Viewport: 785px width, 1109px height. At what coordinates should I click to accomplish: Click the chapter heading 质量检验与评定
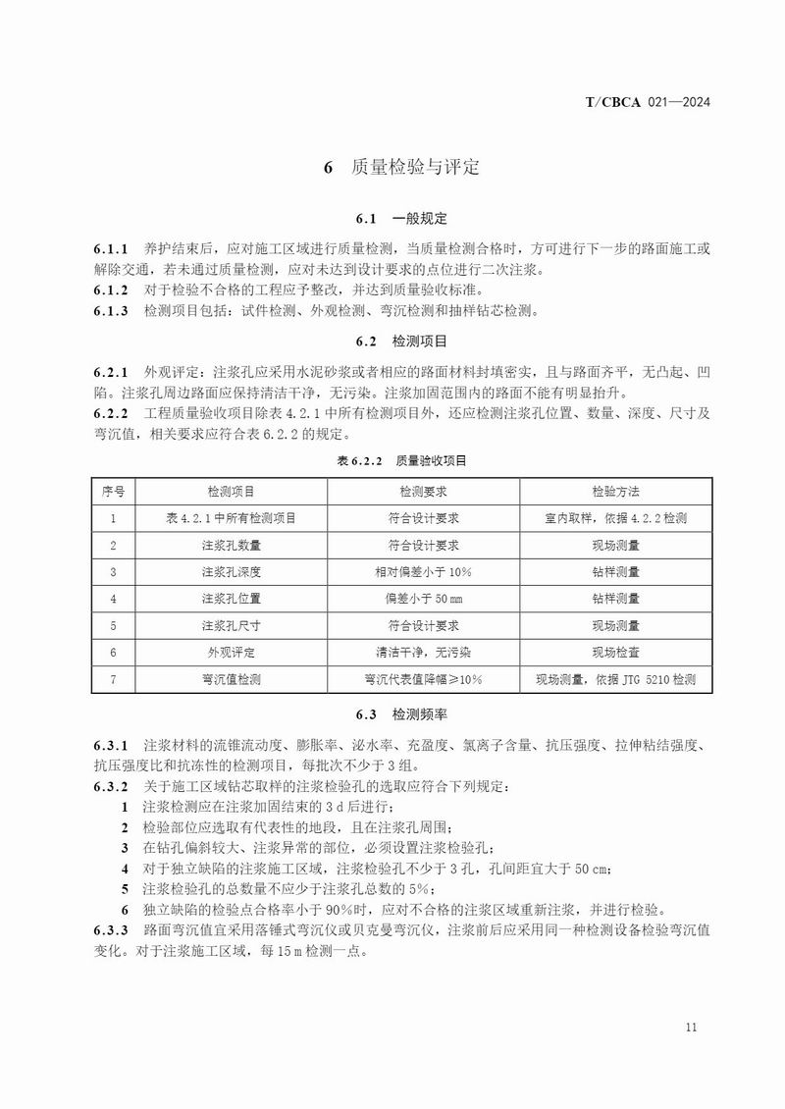coord(415,168)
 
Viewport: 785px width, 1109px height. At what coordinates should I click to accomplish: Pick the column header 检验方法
coord(615,491)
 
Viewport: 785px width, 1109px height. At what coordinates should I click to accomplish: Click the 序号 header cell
coord(114,491)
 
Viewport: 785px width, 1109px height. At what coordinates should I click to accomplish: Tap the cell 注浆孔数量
coord(232,545)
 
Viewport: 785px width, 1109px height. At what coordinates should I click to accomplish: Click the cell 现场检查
coord(615,652)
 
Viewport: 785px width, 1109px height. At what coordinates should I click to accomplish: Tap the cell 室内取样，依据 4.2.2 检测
coord(615,517)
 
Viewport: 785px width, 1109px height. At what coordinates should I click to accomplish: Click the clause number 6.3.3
coord(111,928)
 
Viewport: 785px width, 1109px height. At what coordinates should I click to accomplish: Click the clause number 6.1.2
coord(111,290)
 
